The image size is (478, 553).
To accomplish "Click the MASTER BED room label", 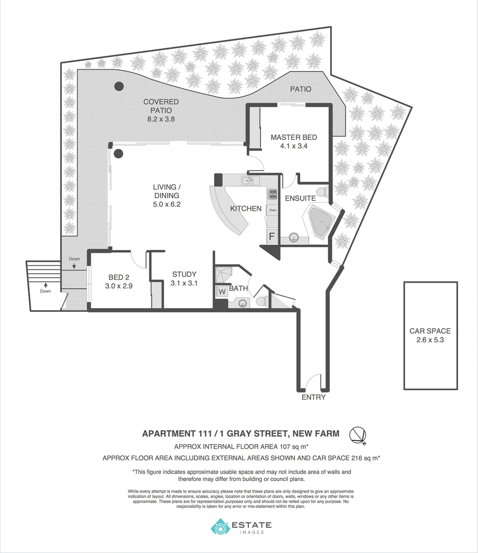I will click(293, 137).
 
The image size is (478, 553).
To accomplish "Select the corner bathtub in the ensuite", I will click(320, 222).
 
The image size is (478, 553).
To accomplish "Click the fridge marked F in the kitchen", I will click(272, 237).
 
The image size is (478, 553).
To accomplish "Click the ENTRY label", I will click(313, 397).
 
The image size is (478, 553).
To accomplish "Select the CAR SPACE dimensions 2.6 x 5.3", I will click(430, 339).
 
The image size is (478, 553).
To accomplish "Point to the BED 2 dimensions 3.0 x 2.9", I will click(119, 286).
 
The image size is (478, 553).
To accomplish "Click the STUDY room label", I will click(184, 274).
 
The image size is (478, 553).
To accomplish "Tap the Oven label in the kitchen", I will click(273, 210).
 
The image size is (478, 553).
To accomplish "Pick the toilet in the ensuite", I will click(321, 192).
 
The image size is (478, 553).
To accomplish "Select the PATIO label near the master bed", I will click(301, 89).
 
